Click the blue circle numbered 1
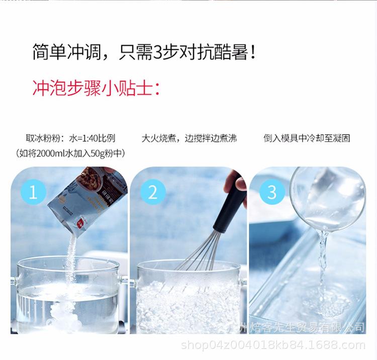point(34,193)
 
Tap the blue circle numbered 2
point(153,193)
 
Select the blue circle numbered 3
point(272,193)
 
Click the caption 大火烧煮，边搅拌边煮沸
point(189,138)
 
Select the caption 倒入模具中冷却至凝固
point(307,138)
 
